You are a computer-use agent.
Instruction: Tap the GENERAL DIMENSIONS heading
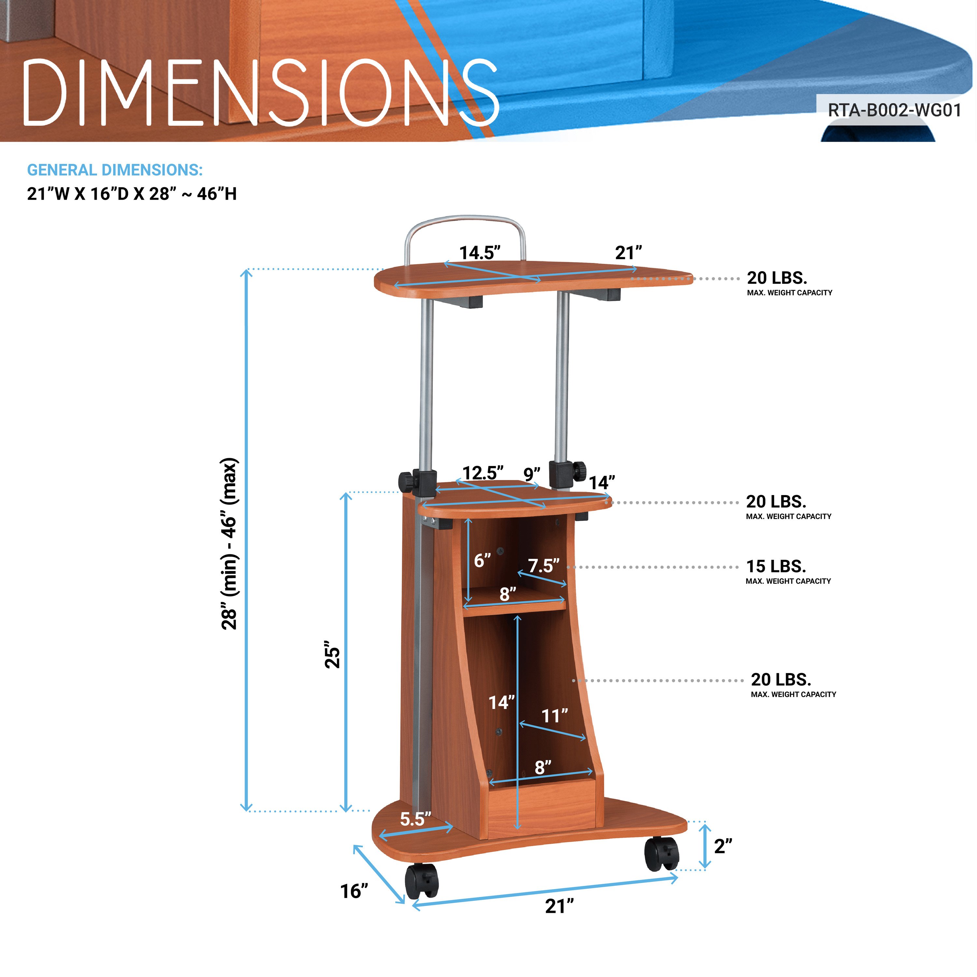(x=115, y=170)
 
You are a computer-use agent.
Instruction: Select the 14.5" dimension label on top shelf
(x=480, y=252)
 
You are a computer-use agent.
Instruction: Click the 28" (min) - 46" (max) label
(x=229, y=544)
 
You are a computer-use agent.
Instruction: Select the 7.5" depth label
(x=544, y=565)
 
